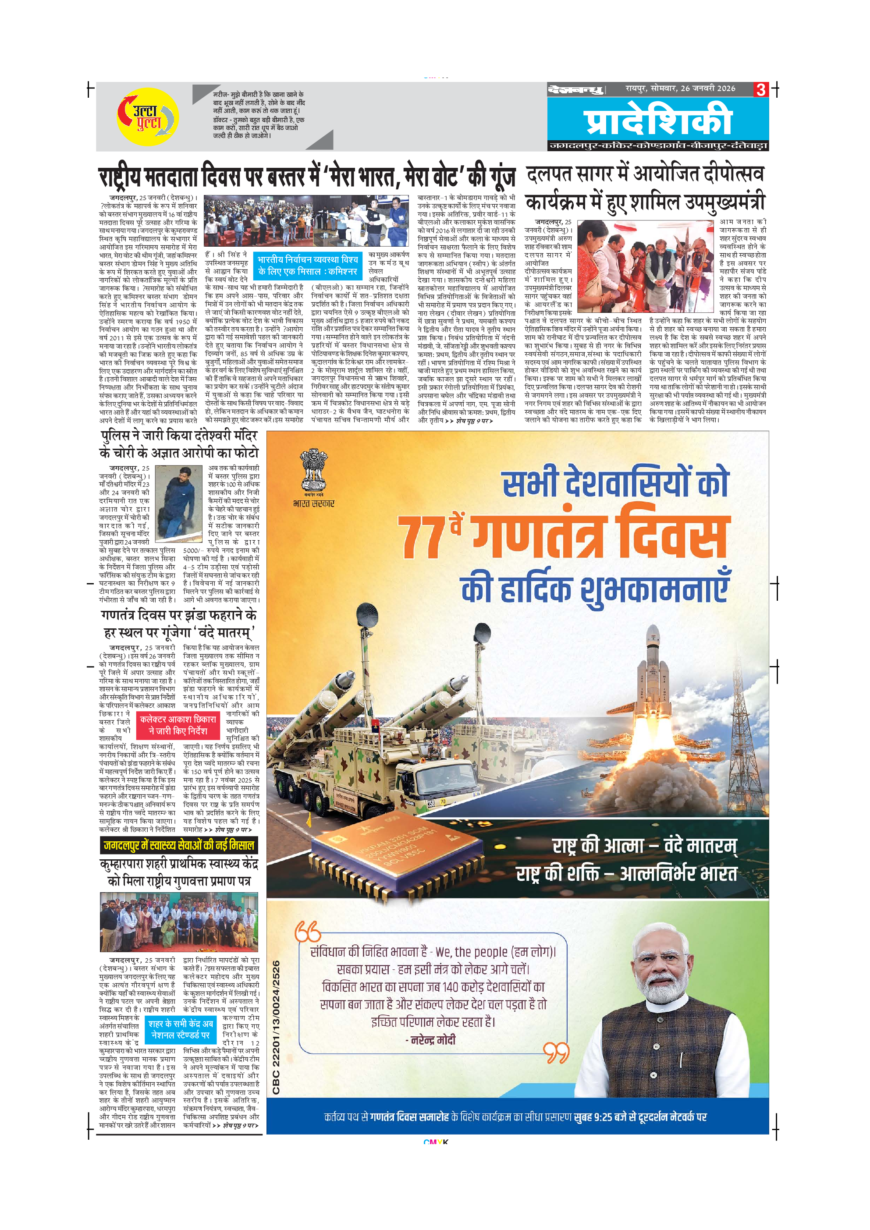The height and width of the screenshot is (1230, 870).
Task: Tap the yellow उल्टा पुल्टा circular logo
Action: [x=148, y=117]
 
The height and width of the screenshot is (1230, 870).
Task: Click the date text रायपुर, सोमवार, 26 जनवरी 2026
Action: [x=680, y=89]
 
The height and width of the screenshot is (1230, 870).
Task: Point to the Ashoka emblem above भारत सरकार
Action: [x=313, y=470]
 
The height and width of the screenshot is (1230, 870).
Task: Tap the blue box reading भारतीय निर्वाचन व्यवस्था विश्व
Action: [x=308, y=265]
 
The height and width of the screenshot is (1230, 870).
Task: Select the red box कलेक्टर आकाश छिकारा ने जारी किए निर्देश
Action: [x=178, y=725]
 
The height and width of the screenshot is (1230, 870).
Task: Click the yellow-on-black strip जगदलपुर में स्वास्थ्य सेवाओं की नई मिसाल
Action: [x=179, y=845]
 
